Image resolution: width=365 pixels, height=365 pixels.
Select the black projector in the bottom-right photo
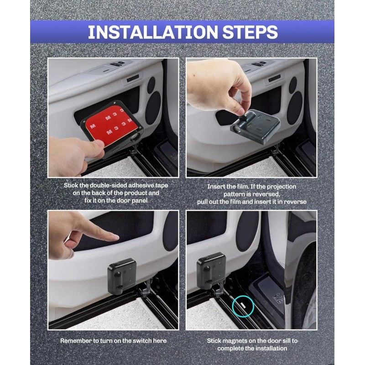pos(211,271)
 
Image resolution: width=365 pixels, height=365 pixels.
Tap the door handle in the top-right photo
pos(274,79)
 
